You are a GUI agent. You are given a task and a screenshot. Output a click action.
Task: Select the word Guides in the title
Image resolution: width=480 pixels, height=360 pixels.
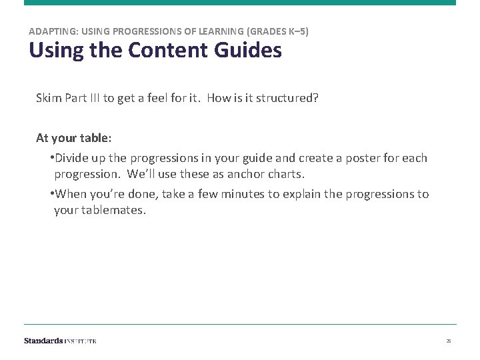pos(249,50)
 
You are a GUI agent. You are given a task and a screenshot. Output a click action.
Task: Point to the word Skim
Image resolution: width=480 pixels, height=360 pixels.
pos(49,98)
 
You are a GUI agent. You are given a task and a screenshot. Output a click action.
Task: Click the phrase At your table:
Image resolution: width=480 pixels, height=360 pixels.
pos(74,138)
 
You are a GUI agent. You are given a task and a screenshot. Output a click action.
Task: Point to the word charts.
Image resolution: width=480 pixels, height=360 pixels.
pos(284,174)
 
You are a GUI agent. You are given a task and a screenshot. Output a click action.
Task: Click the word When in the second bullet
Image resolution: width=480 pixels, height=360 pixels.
pos(71,194)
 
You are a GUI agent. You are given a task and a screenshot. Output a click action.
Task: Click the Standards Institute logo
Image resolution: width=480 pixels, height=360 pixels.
pos(60,341)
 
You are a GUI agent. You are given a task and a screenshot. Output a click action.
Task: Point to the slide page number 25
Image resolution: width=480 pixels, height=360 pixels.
pos(449,341)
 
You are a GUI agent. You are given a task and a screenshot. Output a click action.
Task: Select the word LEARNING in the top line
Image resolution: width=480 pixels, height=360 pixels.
pos(217,31)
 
